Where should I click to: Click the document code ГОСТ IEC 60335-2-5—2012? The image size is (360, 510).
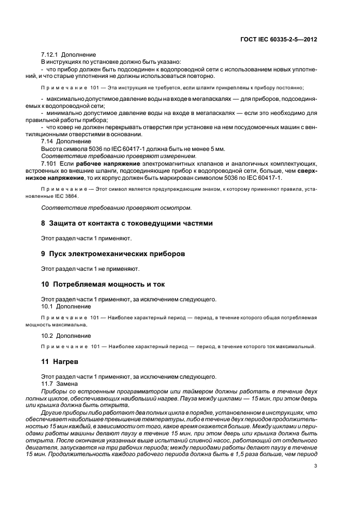coord(279,39)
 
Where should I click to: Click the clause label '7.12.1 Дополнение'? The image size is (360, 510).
coord(69,55)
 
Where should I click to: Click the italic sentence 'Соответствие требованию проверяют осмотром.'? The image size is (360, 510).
coord(108,207)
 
